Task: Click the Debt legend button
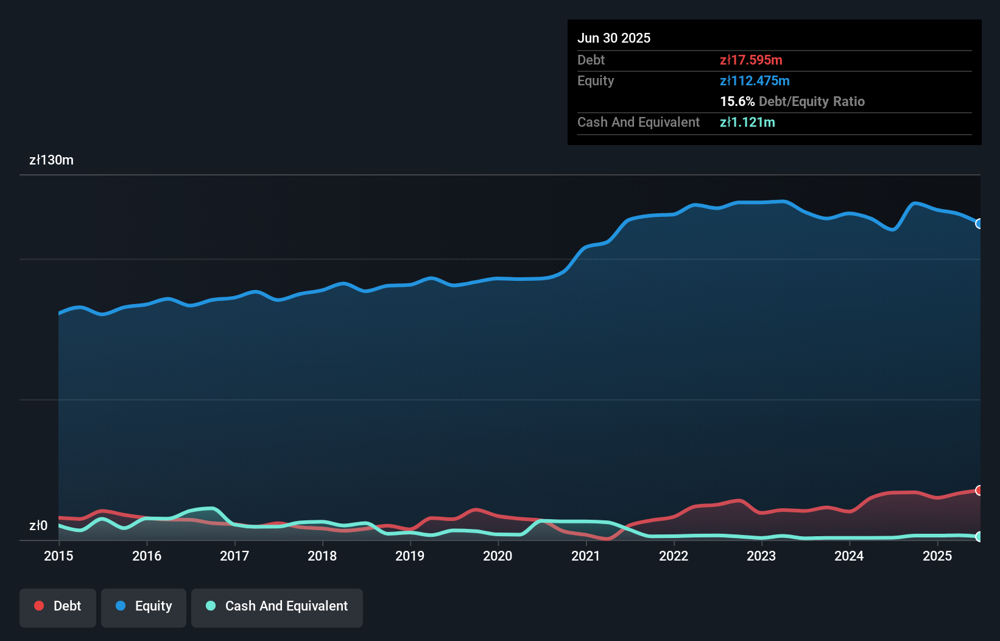tap(58, 606)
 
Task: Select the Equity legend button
tap(144, 606)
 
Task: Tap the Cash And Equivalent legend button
tap(277, 606)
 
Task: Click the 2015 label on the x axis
tap(58, 556)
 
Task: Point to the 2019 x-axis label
tap(410, 556)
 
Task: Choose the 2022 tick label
tap(674, 556)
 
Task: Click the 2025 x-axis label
tap(937, 556)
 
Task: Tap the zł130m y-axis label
tap(51, 160)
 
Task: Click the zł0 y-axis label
tap(38, 525)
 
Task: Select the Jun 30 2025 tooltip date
tap(614, 38)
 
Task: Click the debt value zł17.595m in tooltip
tap(751, 60)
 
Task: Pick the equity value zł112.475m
tap(755, 80)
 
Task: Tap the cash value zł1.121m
tap(747, 122)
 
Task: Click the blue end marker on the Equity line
tap(979, 224)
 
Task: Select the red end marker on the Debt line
tap(979, 490)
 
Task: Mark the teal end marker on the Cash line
tap(979, 537)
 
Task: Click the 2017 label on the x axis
tap(234, 556)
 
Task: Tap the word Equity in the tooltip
tap(596, 80)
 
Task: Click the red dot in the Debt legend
tap(39, 606)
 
